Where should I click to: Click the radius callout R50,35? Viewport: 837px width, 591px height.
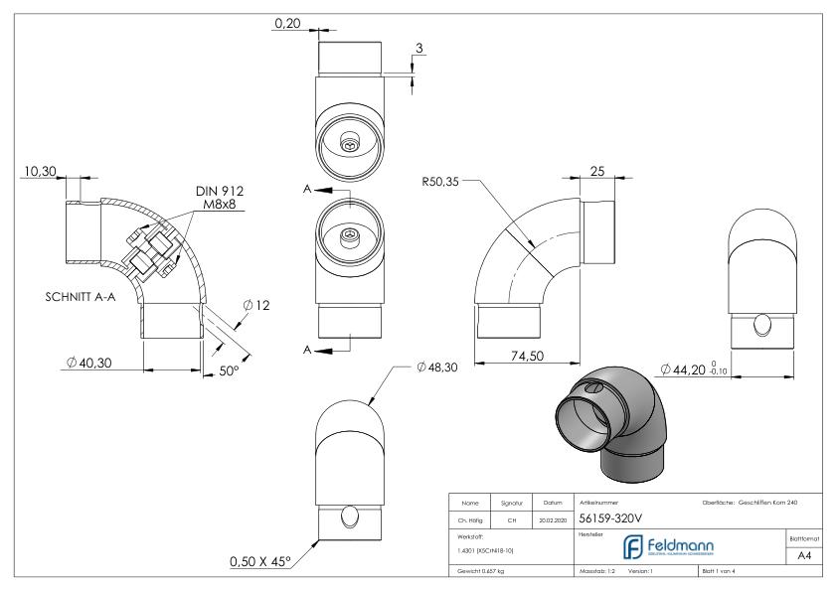[x=440, y=182]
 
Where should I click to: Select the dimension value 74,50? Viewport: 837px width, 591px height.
[x=526, y=357]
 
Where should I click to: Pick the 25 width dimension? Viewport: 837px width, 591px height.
[x=596, y=173]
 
